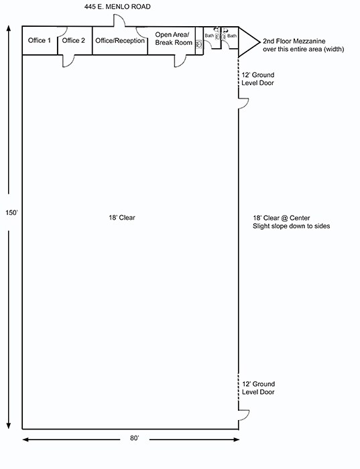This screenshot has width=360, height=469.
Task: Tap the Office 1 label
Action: [x=40, y=41]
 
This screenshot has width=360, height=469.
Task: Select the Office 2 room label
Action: [x=74, y=41]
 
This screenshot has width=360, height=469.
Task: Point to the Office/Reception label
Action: [x=120, y=41]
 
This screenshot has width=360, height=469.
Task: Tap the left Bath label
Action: [x=209, y=36]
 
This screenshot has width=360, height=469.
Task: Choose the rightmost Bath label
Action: [x=232, y=36]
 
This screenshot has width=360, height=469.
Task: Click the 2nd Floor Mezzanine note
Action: [x=294, y=44]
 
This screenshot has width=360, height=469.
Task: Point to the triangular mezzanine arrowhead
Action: [x=248, y=41]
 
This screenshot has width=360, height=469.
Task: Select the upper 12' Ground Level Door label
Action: [x=258, y=79]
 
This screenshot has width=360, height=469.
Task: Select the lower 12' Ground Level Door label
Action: [x=258, y=387]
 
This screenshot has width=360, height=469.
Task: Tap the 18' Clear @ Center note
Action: [x=282, y=218]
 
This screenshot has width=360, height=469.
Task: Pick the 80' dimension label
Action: [x=133, y=438]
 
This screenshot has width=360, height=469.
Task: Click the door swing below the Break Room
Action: [x=180, y=61]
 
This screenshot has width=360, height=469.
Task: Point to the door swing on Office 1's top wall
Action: [x=60, y=32]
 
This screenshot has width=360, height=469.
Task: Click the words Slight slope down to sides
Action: [x=288, y=226]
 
